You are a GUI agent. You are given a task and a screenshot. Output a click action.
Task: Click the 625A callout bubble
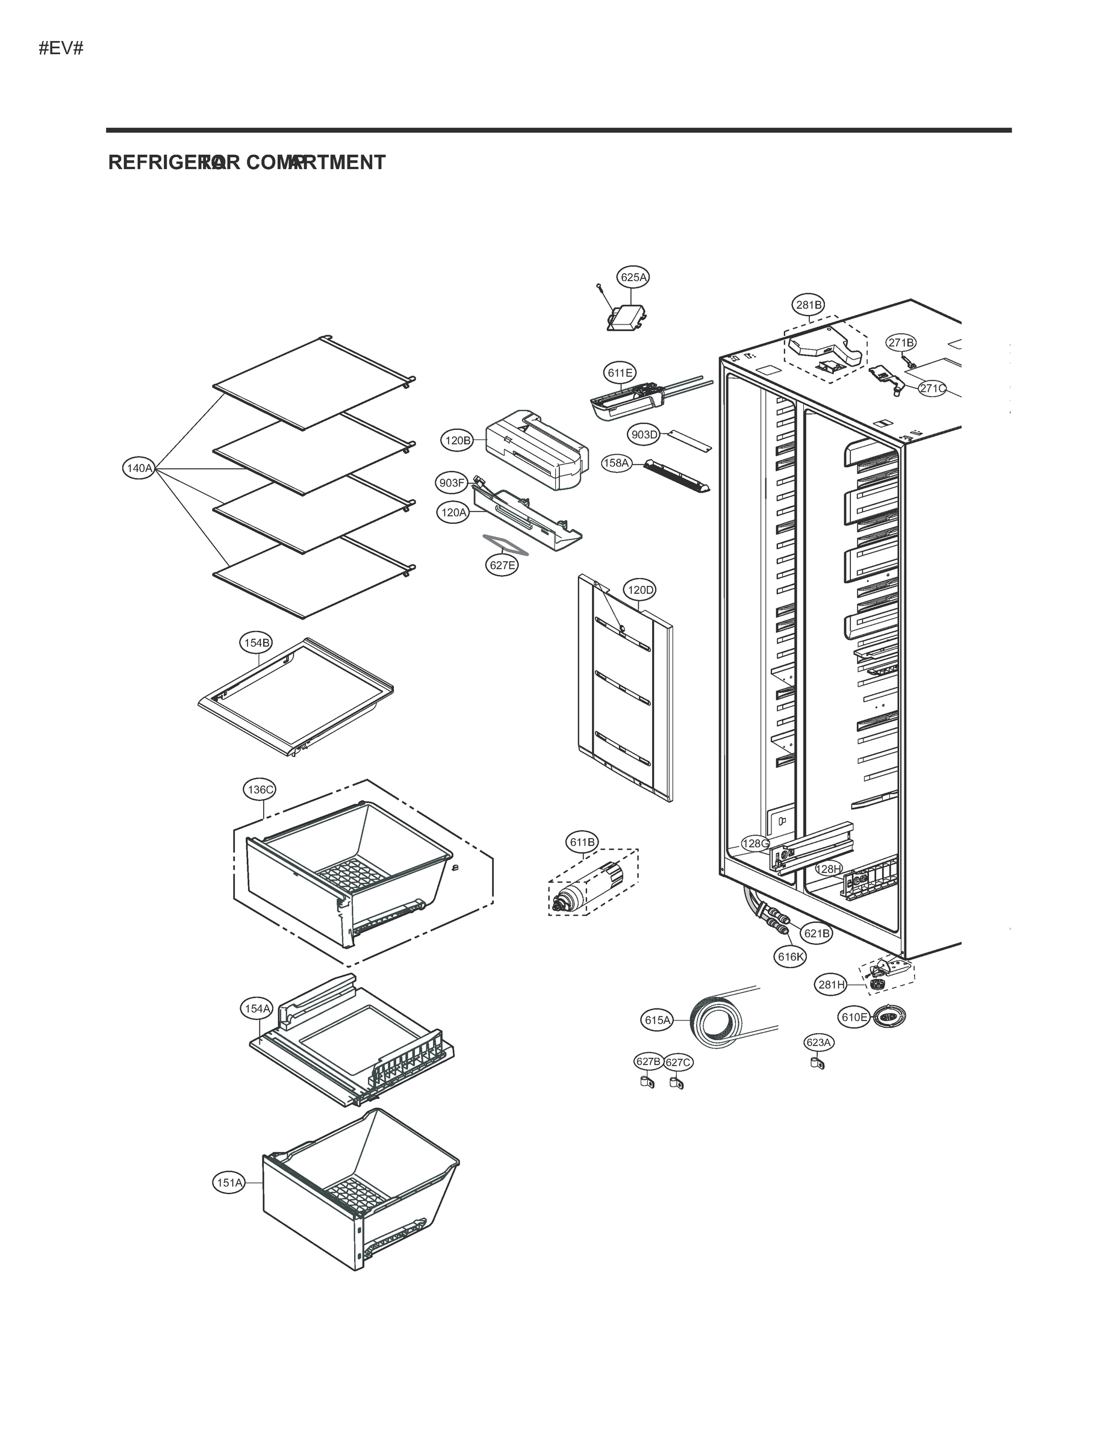(633, 277)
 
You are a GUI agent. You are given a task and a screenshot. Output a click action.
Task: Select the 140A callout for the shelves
(140, 468)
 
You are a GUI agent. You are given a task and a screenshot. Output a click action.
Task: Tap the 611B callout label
(582, 842)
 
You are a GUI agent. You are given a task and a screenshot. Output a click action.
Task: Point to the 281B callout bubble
(809, 305)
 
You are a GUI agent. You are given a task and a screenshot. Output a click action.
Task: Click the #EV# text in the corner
(61, 48)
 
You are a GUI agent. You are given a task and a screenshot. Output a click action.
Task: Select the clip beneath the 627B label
(645, 1083)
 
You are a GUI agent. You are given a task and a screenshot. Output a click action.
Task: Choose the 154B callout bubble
(256, 642)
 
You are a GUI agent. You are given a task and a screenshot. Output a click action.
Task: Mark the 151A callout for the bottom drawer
(229, 1182)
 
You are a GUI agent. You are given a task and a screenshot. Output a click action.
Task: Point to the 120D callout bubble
(640, 590)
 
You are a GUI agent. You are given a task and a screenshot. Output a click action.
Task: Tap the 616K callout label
(791, 957)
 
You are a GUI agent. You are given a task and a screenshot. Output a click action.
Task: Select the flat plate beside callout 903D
(688, 440)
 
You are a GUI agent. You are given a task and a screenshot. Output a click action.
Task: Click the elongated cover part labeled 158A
(676, 476)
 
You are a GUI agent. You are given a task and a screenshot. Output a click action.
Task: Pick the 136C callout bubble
(260, 789)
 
